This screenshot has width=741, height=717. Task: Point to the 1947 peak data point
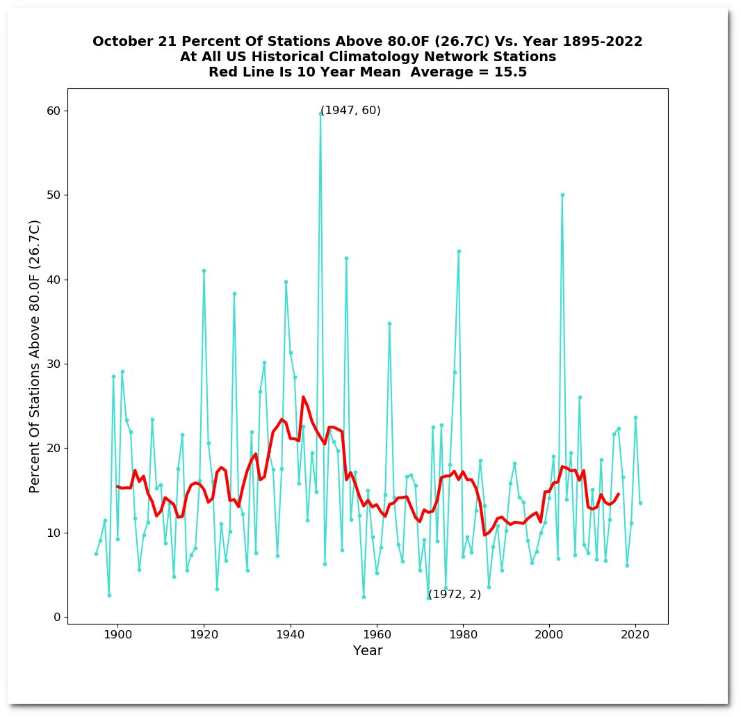[320, 113]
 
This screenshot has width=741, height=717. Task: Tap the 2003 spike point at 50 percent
[562, 195]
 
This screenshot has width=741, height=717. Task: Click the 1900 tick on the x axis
[117, 634]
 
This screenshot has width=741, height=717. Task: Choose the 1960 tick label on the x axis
[377, 634]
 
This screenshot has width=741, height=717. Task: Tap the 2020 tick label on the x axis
[635, 634]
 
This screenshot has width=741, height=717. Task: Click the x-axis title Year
[368, 651]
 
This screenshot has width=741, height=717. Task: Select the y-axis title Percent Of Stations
[35, 356]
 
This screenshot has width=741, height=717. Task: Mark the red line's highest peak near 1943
[303, 397]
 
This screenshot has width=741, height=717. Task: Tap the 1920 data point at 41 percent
[204, 271]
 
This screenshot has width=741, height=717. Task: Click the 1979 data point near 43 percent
[459, 251]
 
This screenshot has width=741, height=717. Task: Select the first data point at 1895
[96, 554]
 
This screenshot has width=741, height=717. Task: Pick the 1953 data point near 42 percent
[346, 258]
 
